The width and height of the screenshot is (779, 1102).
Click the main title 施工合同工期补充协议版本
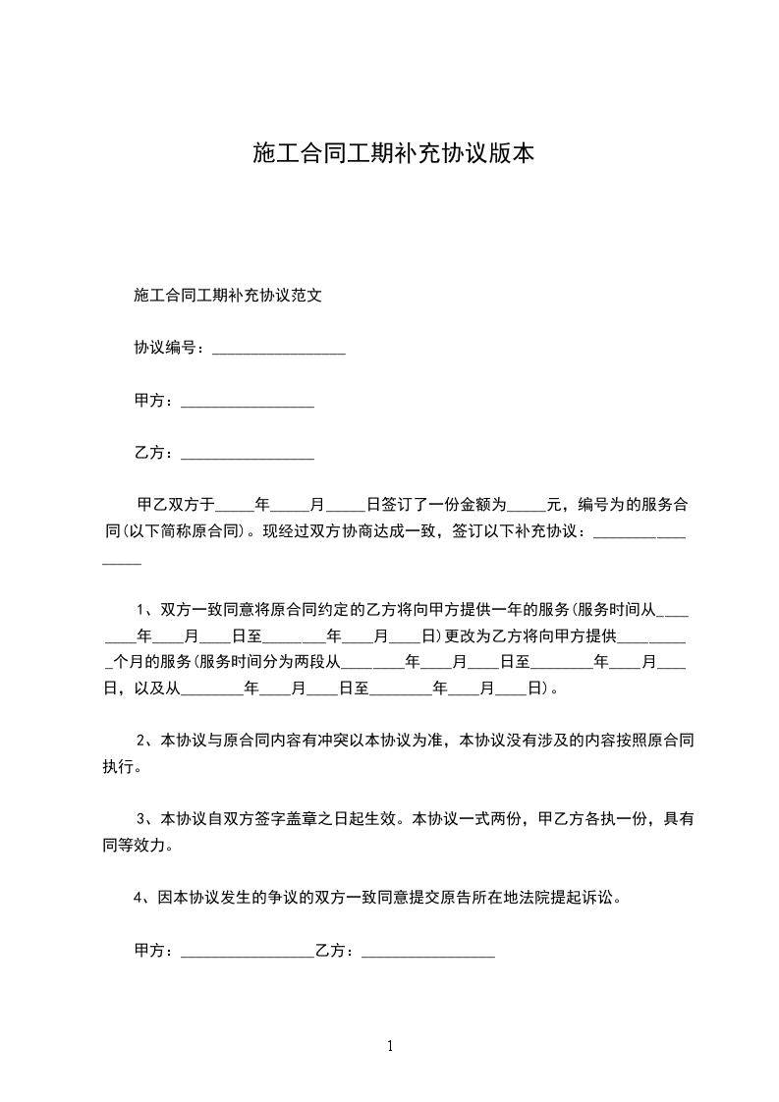tap(393, 153)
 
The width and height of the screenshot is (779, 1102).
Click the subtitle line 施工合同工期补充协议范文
tap(228, 295)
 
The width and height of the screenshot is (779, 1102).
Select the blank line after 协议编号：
tap(278, 350)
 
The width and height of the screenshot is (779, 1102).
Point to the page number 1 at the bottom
tap(390, 1046)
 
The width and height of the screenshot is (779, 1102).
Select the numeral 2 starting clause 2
tap(140, 739)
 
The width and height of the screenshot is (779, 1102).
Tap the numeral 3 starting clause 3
tap(140, 818)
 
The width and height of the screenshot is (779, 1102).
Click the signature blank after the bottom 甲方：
tap(247, 953)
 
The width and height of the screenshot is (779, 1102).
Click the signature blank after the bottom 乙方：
tap(427, 953)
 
